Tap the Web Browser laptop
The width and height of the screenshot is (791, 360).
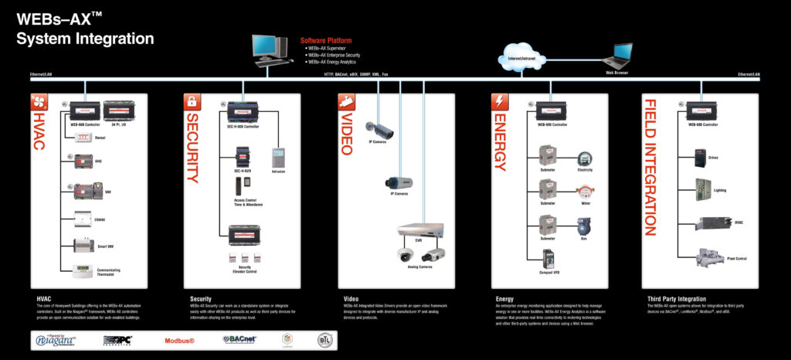pyautogui.click(x=617, y=56)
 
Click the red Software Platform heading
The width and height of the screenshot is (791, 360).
pyautogui.click(x=325, y=39)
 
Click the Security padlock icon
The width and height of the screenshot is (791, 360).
pyautogui.click(x=191, y=100)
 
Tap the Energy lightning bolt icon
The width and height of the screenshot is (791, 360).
pyautogui.click(x=499, y=100)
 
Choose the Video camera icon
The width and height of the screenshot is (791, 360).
pyautogui.click(x=345, y=100)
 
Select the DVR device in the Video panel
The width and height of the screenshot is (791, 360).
pyautogui.click(x=420, y=229)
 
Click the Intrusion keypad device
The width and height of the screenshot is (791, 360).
pyautogui.click(x=279, y=158)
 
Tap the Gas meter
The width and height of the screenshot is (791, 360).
pyautogui.click(x=585, y=226)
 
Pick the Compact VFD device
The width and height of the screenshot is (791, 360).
pyautogui.click(x=549, y=258)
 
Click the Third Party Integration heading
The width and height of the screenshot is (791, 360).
pyautogui.click(x=677, y=298)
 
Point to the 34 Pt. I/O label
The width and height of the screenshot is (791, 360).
pyautogui.click(x=118, y=124)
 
